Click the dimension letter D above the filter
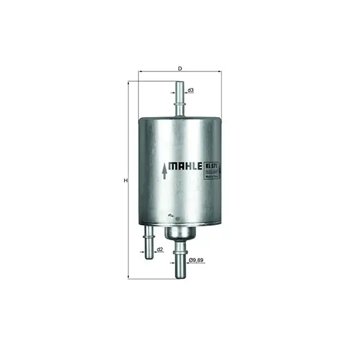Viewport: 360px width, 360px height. pyautogui.click(x=180, y=68)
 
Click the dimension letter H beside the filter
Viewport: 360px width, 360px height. pyautogui.click(x=125, y=180)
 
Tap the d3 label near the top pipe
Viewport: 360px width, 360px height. pyautogui.click(x=191, y=91)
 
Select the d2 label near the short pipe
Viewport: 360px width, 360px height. pyautogui.click(x=160, y=249)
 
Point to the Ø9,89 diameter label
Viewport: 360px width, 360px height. pyautogui.click(x=196, y=262)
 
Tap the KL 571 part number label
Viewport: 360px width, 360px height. pyautogui.click(x=211, y=166)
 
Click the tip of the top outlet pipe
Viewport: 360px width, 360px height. pyautogui.click(x=179, y=84)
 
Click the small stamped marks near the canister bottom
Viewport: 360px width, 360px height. pyautogui.click(x=172, y=214)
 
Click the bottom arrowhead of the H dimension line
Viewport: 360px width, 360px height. pyautogui.click(x=129, y=278)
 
